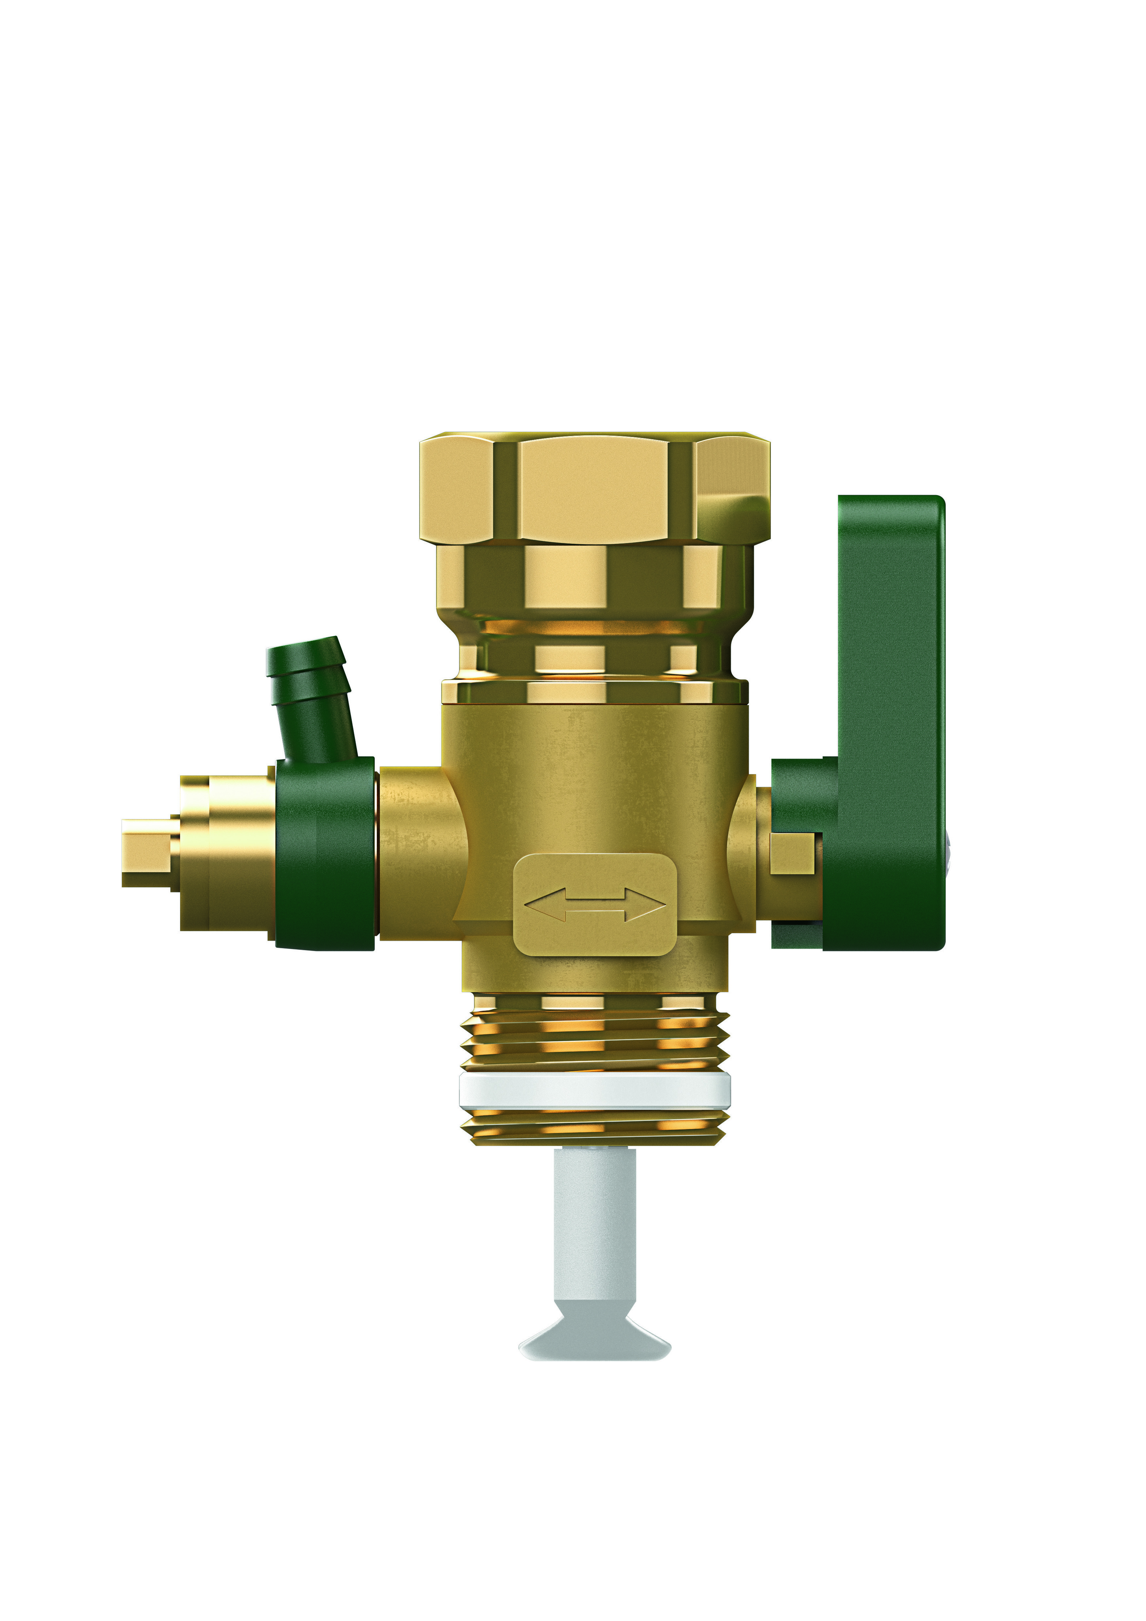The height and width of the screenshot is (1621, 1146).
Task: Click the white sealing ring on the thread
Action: [x=594, y=1091]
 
